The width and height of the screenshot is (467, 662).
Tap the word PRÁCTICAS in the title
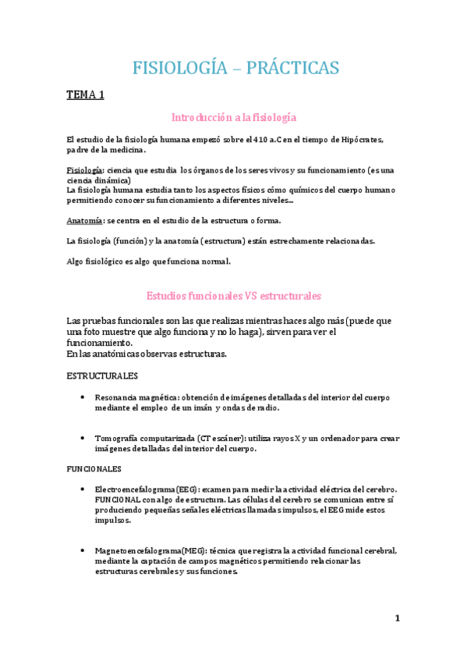(293, 68)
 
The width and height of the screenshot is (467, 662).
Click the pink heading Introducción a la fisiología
(234, 117)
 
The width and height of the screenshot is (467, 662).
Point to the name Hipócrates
(362, 140)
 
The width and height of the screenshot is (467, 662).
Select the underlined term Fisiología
(84, 169)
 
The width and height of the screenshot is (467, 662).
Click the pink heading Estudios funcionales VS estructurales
(234, 296)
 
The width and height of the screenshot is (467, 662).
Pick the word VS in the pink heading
(251, 296)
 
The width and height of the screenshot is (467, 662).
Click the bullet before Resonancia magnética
(83, 397)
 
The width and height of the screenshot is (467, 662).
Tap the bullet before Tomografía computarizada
(83, 438)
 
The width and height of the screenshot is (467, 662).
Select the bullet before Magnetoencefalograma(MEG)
(83, 550)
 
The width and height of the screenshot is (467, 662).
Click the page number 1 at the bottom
(397, 619)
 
